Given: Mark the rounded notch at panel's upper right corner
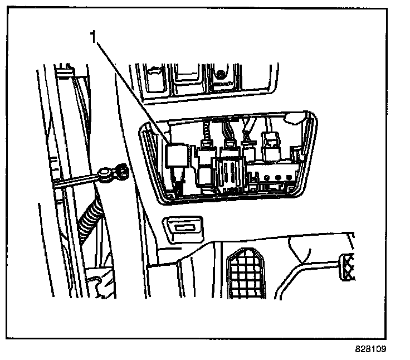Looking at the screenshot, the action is coord(293,116).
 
